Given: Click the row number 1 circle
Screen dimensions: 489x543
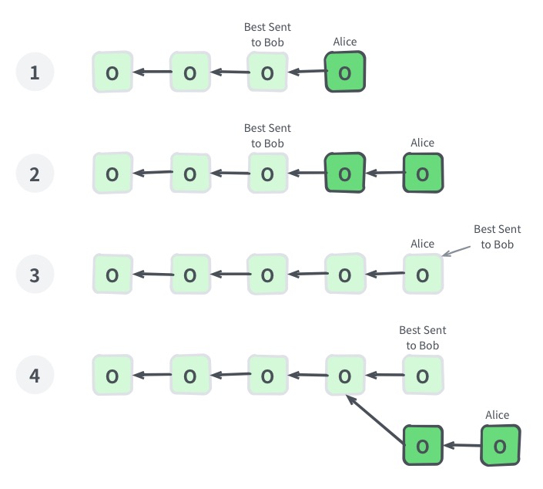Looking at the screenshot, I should coord(34,73).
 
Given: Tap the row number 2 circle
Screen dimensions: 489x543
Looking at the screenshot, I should coord(34,174).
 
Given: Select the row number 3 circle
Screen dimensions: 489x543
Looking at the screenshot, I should coord(34,275).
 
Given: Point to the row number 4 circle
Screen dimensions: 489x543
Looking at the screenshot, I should coord(34,376).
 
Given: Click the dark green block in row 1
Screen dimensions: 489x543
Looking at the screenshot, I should coord(344,73).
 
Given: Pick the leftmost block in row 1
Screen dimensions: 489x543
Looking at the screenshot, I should coord(112,73).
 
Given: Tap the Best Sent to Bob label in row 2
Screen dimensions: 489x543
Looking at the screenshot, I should coord(267,136).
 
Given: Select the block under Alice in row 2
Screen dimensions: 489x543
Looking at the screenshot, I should coord(422,174).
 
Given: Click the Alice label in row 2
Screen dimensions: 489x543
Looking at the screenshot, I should coord(422,143).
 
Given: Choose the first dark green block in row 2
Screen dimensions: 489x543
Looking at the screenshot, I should coord(344,174).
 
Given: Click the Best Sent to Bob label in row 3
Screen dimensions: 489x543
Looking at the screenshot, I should coord(497,236).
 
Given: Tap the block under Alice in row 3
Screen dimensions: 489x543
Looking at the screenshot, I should coord(422,275).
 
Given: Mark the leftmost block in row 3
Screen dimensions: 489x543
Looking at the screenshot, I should coord(112,275).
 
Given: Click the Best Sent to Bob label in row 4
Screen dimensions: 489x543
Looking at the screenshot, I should coord(422,338).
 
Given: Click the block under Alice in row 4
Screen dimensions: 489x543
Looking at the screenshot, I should coord(499,446).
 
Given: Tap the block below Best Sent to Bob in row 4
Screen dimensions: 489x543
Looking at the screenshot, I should coord(422,376).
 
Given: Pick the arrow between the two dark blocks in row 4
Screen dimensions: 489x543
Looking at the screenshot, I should coord(461,446).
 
